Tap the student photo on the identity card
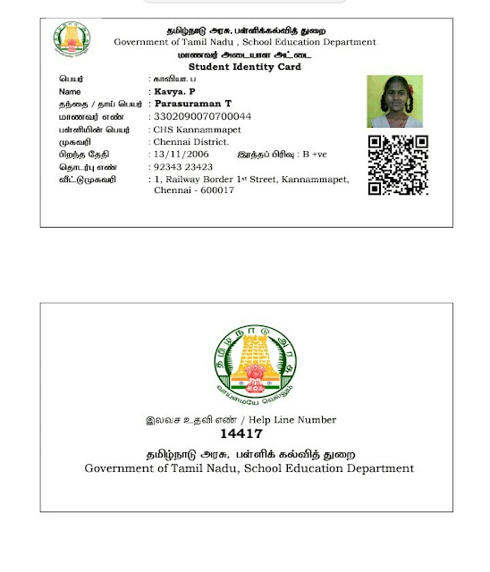pos(394,101)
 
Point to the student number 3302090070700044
pos(203,116)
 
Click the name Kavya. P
pos(175,91)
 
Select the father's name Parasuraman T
pos(193,104)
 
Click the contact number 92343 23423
pos(183,166)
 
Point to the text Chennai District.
pos(190,141)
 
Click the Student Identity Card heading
pos(245,67)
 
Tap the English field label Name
pos(70,91)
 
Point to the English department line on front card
pos(245,43)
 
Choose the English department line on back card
pos(249,468)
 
